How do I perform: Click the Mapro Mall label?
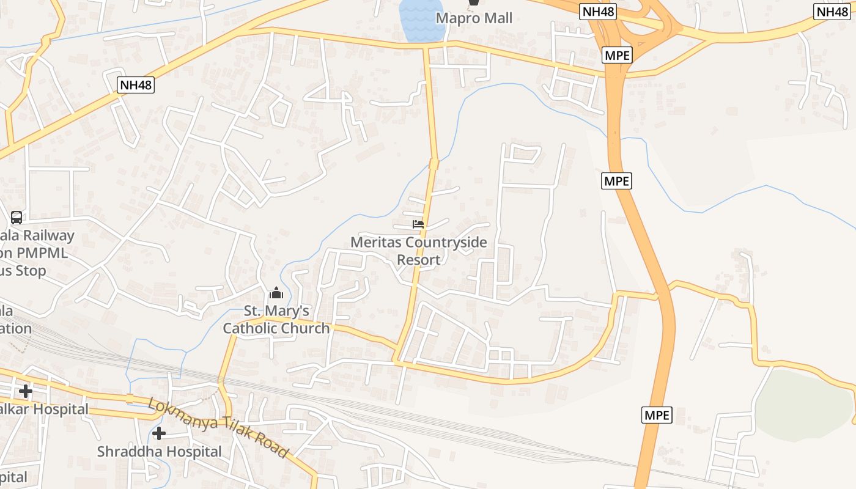[x=474, y=18]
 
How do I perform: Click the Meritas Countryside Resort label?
[x=418, y=251]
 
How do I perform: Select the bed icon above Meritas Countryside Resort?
[x=418, y=224]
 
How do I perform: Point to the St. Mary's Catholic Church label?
[x=276, y=319]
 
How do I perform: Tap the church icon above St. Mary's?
[x=276, y=293]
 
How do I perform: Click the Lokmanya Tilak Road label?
[x=218, y=428]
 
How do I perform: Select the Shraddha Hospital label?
[x=159, y=452]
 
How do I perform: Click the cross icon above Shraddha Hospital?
[x=159, y=433]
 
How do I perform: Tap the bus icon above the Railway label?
[x=17, y=217]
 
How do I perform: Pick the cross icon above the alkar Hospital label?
[x=26, y=391]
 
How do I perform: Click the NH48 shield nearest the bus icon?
[x=136, y=85]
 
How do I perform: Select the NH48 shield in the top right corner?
[x=832, y=12]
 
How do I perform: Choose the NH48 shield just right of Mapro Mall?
[x=597, y=12]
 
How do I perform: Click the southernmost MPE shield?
[x=657, y=415]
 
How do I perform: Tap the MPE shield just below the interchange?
[x=616, y=55]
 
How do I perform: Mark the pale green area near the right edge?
[x=801, y=403]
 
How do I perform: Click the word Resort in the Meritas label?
[x=418, y=260]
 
